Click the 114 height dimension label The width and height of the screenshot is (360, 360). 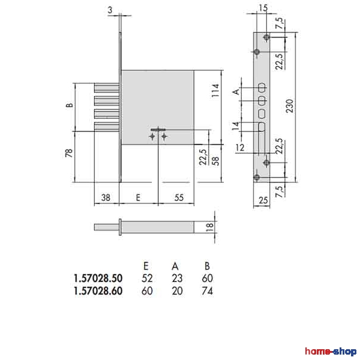(x=215, y=91)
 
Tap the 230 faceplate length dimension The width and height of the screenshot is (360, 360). (x=290, y=106)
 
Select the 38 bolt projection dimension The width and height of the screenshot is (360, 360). (x=106, y=197)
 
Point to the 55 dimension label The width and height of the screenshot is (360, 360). (x=179, y=197)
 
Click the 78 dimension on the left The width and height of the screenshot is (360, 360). (x=69, y=153)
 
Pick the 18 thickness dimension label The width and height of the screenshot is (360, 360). (x=209, y=227)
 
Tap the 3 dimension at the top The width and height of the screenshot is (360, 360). (x=110, y=10)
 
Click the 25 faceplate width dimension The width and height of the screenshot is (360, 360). (x=263, y=200)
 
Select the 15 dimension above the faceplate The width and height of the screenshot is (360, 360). (x=263, y=8)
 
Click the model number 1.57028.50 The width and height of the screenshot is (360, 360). (x=98, y=278)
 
